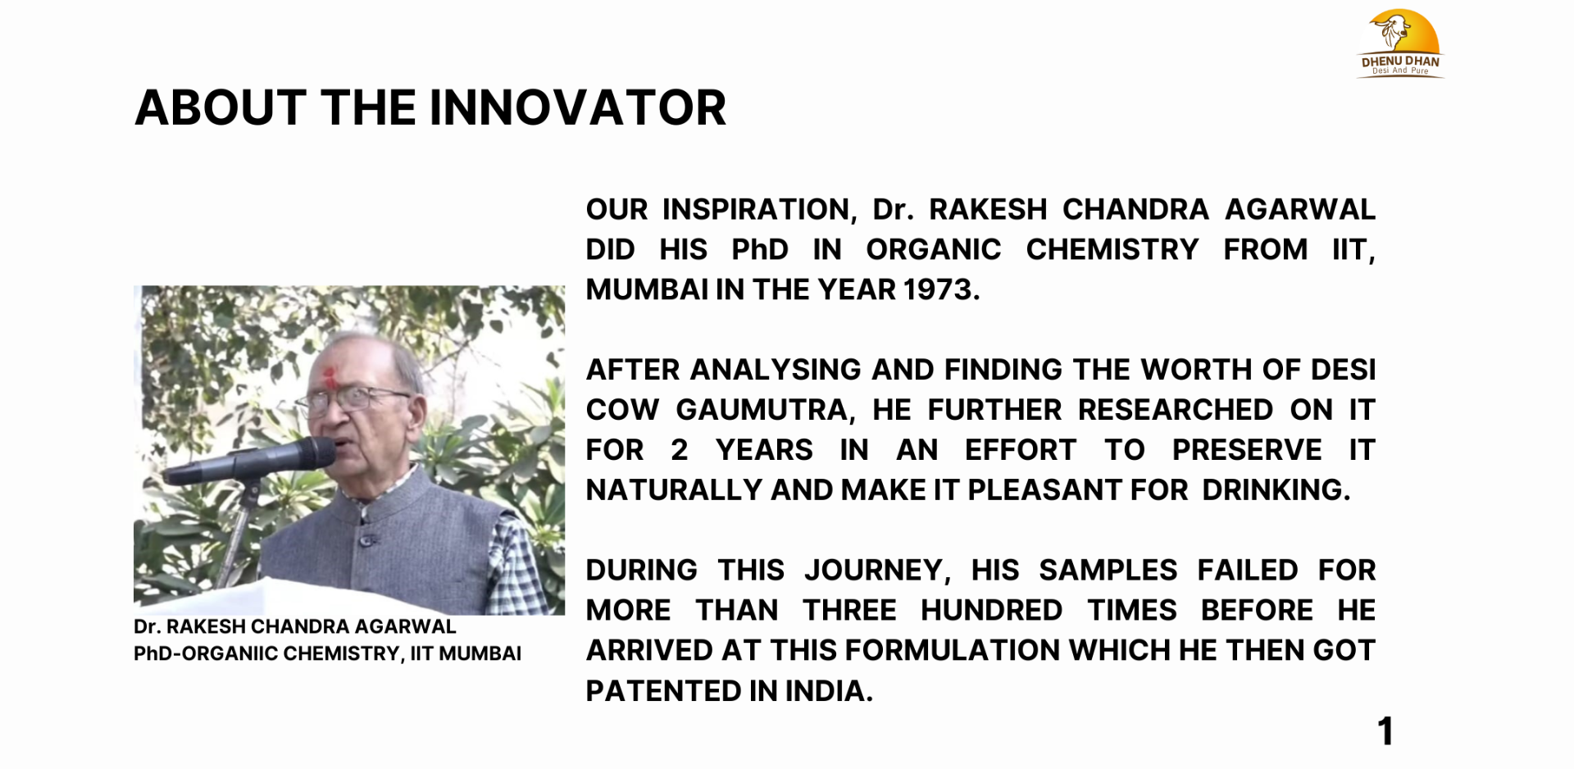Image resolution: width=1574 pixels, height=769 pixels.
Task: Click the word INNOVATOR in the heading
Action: click(578, 107)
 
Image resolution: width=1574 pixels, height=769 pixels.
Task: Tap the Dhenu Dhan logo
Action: click(1400, 43)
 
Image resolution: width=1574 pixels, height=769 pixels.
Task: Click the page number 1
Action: click(1385, 731)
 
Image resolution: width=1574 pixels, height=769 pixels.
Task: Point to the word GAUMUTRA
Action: click(766, 410)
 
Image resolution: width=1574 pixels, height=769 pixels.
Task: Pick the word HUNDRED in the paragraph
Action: click(991, 611)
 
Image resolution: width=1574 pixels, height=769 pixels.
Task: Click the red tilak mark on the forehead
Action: click(330, 376)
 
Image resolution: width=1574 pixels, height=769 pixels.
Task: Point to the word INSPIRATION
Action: click(759, 210)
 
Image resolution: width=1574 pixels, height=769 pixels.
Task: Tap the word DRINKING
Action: click(1276, 490)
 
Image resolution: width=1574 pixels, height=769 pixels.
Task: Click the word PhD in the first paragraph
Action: click(760, 249)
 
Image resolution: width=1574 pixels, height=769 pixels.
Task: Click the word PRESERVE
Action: click(1247, 450)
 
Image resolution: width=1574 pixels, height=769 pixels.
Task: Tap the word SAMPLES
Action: click(1108, 571)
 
